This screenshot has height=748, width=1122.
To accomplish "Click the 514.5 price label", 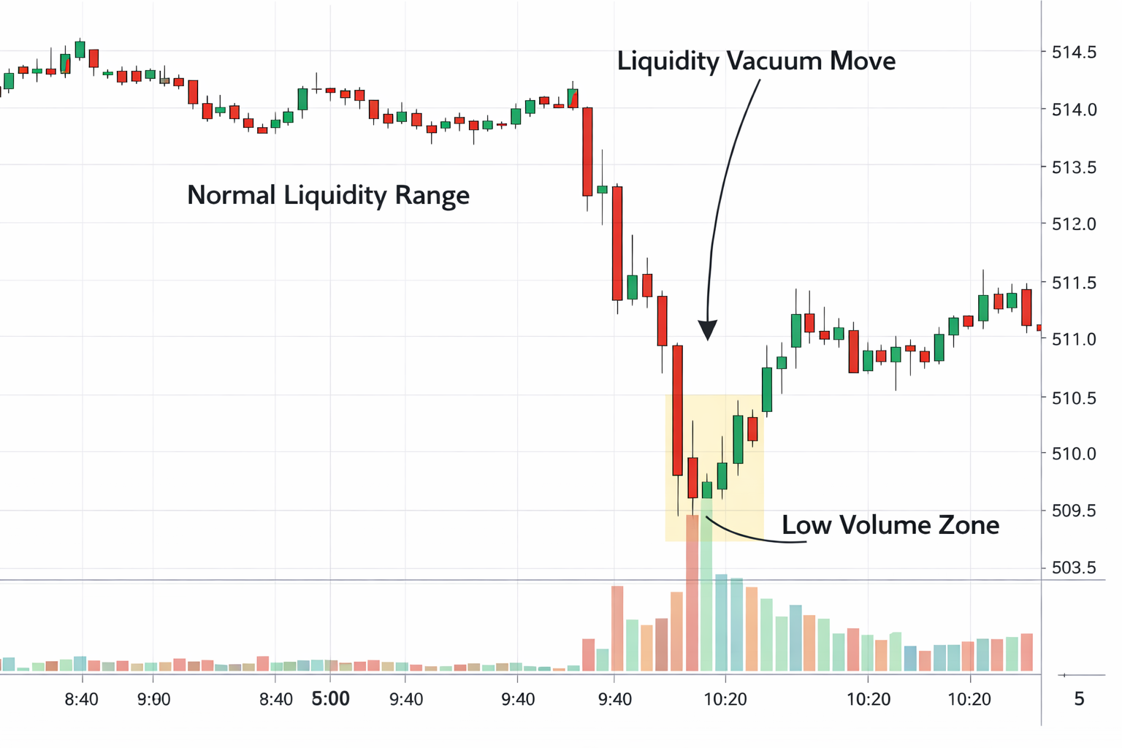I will click(1073, 53).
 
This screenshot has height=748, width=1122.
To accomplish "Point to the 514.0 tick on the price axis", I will click(1073, 110).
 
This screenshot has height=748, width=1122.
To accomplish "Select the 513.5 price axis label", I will click(1073, 167).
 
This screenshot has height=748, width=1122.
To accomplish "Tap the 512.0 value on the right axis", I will click(1073, 224).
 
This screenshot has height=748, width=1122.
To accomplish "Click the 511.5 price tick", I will click(1073, 282).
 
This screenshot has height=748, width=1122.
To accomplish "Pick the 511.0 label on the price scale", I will click(1073, 339).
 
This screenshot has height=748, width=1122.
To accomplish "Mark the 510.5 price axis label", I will click(1073, 398).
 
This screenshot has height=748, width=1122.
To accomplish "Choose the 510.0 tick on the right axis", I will click(1073, 454).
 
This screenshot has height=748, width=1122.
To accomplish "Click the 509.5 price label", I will click(1073, 511).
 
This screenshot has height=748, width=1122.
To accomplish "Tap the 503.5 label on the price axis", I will click(1073, 568).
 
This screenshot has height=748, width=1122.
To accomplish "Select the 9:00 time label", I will click(153, 700).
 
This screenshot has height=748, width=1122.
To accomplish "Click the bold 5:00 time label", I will click(331, 699).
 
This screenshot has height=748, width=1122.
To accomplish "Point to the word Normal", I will click(232, 195).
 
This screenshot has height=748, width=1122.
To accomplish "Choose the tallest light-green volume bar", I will click(706, 584).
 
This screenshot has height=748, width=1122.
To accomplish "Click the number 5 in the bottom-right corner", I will click(1079, 699).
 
